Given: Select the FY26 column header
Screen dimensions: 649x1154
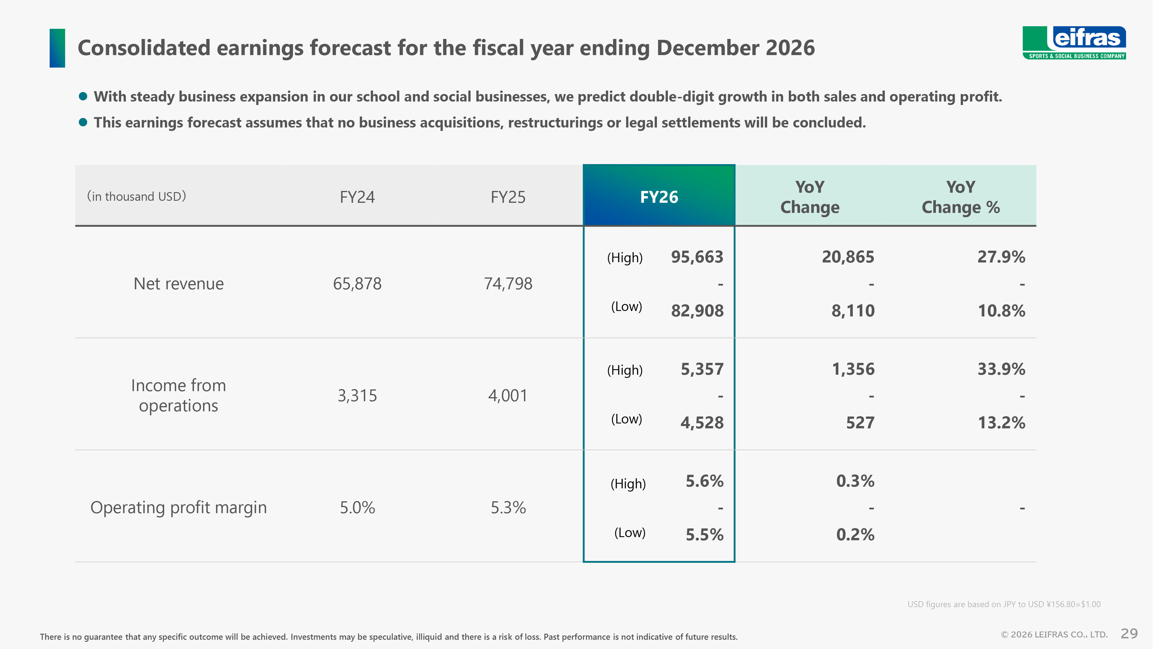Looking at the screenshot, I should point(659,197).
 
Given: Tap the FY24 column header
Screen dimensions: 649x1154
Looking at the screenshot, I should point(357,197).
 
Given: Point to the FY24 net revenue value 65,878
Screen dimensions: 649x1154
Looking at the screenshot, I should point(357,284).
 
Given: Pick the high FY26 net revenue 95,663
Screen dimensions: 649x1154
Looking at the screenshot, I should point(697,257).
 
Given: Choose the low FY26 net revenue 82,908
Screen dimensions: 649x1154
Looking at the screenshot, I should point(697,310).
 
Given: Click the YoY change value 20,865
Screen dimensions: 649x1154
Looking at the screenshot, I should point(848,257).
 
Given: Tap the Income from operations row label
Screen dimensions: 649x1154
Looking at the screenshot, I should point(178,395).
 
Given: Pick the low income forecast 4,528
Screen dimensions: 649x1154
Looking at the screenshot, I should point(702,422).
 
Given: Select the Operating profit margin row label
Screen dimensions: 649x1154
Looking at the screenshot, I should point(178,507).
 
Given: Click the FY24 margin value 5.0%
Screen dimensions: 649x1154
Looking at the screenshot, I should point(357,507).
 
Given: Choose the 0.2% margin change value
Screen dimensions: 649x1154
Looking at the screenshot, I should point(855,534).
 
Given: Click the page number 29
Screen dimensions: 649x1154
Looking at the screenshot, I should point(1129,633).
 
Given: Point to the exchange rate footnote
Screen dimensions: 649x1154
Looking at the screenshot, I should point(1003,604).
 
